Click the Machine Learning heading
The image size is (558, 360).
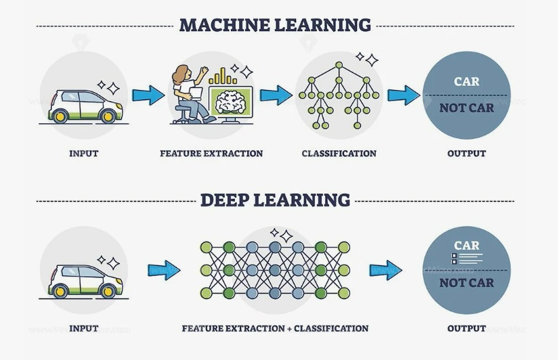coord(274,26)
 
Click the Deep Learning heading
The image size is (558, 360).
coord(274,200)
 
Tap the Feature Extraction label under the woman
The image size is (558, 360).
coord(211,154)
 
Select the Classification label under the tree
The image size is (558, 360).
coord(339,154)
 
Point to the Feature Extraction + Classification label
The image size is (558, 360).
coord(275,328)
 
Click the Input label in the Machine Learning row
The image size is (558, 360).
coord(83,154)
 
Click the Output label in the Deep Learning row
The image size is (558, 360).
coord(467,328)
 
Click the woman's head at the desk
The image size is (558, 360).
coord(182,72)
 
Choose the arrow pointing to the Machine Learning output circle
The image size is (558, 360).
coord(404,95)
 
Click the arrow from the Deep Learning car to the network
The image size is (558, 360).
coord(165,270)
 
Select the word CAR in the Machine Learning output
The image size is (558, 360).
coord(467,82)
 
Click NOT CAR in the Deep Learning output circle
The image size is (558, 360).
coord(467,283)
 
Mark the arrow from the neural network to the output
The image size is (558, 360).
coord(385,270)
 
